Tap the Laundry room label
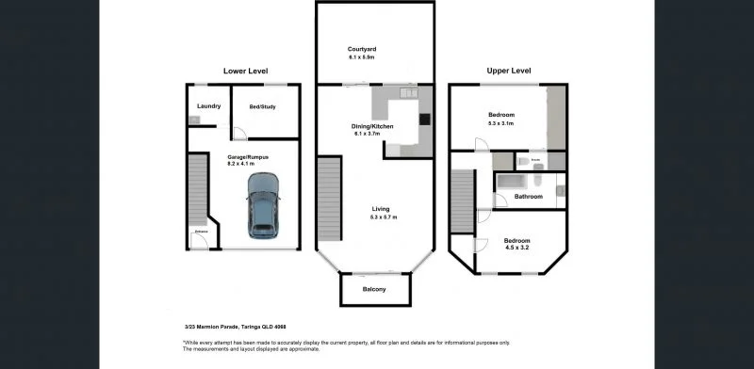click(208, 106)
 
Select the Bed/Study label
click(262, 106)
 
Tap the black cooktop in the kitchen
click(425, 119)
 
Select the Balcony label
click(374, 289)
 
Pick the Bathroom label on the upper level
click(528, 197)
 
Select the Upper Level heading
click(509, 71)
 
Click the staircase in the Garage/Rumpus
click(197, 189)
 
